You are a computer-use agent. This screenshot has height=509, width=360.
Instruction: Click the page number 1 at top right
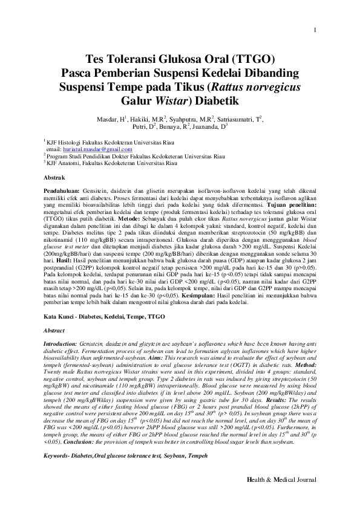click(x=315, y=31)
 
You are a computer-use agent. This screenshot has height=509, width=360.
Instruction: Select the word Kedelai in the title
click(x=249, y=73)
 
